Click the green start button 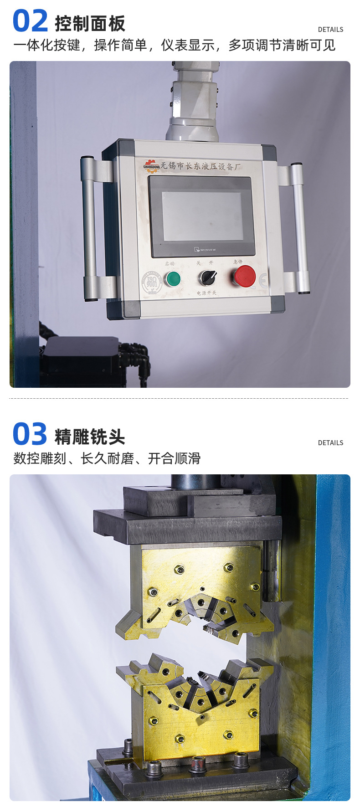pos(172,278)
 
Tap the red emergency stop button pos(245,276)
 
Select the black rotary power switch pos(207,277)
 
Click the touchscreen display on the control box pos(201,216)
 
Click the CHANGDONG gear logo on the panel pos(152,164)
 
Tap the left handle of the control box pos(89,228)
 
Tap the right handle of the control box pos(299,228)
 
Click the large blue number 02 pos(30,21)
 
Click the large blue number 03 pos(30,434)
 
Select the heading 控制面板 pos(90,24)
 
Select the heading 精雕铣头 pos(90,437)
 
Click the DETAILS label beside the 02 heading pos(330,30)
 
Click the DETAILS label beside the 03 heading pos(330,443)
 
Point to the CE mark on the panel pos(263,281)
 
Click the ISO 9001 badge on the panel pos(152,283)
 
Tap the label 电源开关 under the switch pos(206,293)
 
